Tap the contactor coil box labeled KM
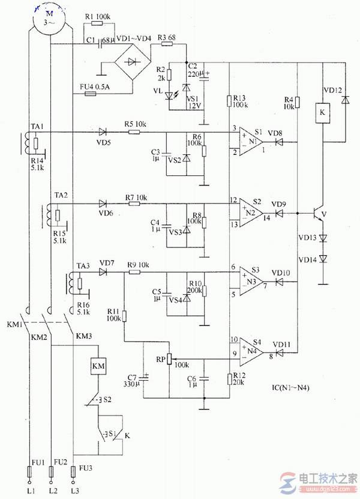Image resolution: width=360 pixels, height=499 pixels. (x=98, y=365)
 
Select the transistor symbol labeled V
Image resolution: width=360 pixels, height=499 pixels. (x=319, y=213)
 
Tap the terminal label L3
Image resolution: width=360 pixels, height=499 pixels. (x=74, y=491)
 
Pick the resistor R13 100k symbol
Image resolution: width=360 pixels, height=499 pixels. (x=230, y=100)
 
